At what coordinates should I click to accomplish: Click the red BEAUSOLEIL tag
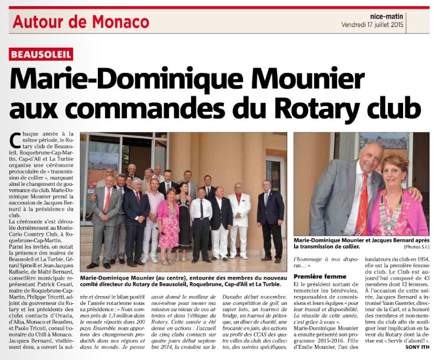41,54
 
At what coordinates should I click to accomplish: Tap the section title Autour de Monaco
80,21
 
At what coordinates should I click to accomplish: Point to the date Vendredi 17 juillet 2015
381,25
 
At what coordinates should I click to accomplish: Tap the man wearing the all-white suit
238,216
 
